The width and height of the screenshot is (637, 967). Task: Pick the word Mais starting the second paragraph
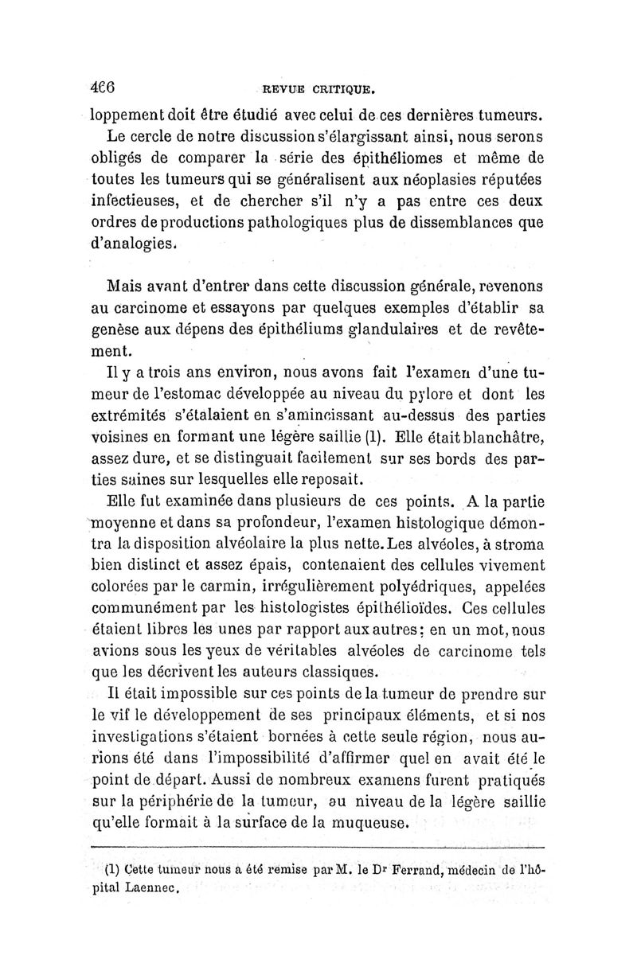(x=130, y=285)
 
